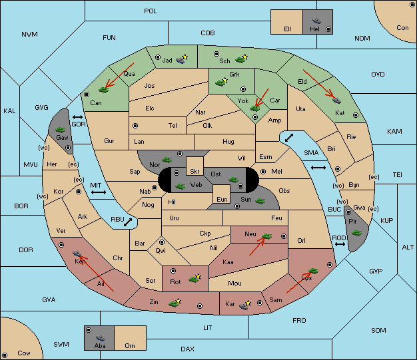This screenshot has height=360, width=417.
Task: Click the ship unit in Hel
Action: click(316, 21)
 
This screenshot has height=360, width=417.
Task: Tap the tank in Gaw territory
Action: click(61, 130)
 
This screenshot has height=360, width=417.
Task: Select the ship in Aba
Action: click(100, 338)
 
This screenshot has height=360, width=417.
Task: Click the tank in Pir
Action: click(356, 233)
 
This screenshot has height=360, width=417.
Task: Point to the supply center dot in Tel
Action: click(135, 126)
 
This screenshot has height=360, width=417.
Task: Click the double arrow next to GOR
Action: click(78, 117)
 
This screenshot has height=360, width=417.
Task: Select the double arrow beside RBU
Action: click(128, 222)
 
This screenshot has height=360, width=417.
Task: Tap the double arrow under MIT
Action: click(99, 192)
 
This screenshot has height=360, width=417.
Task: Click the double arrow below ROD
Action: click(340, 244)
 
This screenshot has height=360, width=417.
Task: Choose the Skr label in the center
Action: click(195, 172)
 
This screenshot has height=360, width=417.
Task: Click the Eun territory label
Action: click(222, 199)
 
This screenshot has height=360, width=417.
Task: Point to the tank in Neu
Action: click(266, 236)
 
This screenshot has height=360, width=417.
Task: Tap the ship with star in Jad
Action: click(182, 59)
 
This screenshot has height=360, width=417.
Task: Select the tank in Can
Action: click(103, 90)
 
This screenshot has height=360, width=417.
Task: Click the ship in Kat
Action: click(336, 100)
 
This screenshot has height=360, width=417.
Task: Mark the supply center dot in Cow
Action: click(5, 355)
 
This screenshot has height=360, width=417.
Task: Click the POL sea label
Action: click(151, 11)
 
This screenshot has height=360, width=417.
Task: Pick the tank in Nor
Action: click(167, 160)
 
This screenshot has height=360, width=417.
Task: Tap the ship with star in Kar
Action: click(245, 305)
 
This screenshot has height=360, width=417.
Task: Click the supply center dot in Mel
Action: click(263, 172)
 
